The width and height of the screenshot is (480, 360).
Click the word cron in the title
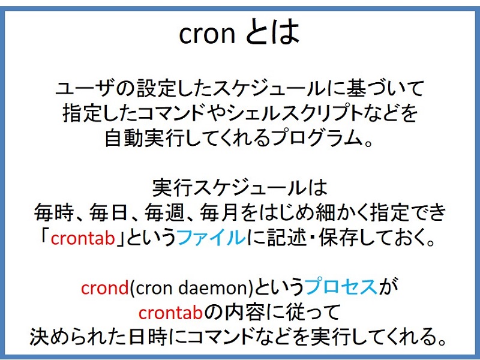(x=206, y=34)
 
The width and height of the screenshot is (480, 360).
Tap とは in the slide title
(x=273, y=34)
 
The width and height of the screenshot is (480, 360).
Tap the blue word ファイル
(x=212, y=238)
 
